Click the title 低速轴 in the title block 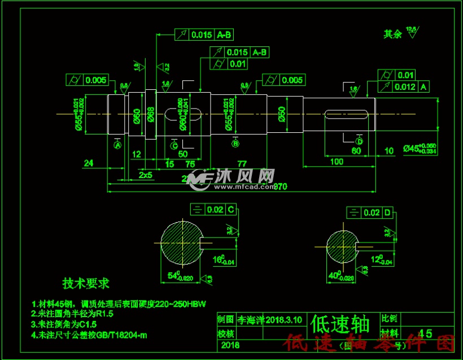pyautogui.click(x=340, y=324)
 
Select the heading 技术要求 pyautogui.click(x=86, y=283)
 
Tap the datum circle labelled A pyautogui.click(x=118, y=145)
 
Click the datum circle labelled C pyautogui.click(x=174, y=146)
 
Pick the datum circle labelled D pyautogui.click(x=359, y=141)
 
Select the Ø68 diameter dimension pyautogui.click(x=151, y=115)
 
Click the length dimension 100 pyautogui.click(x=337, y=162)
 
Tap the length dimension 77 pyautogui.click(x=242, y=163)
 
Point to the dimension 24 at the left pyautogui.click(x=88, y=163)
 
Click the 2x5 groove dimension pyautogui.click(x=145, y=175)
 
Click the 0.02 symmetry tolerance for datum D pyautogui.click(x=372, y=212)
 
